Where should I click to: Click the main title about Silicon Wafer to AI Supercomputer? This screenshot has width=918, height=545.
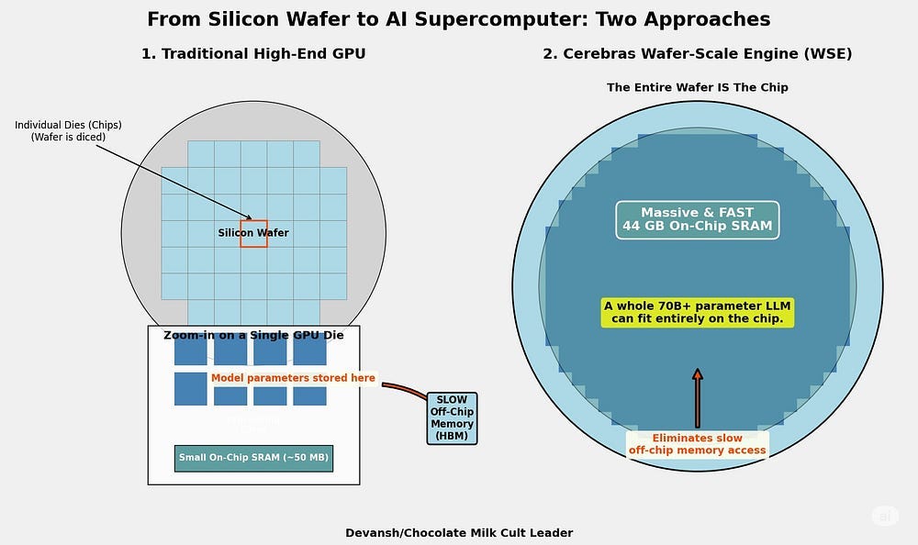point(459,19)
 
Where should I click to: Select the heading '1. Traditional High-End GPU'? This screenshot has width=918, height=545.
point(253,54)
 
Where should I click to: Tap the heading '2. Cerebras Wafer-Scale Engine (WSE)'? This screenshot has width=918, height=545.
point(698,54)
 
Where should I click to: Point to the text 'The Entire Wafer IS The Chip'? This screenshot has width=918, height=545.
point(698,87)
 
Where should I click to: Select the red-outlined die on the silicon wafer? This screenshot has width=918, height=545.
point(254,234)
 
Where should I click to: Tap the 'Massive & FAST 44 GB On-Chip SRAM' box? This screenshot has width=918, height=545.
point(698,220)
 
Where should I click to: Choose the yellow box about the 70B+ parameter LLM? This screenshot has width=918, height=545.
point(698,312)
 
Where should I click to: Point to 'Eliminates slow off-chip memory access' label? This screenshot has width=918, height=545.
point(698,444)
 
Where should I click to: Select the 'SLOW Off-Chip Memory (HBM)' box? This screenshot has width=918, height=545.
point(452,418)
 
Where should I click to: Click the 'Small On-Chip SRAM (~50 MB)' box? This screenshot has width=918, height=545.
point(253,458)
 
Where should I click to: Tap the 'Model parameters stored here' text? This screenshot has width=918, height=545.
point(293,378)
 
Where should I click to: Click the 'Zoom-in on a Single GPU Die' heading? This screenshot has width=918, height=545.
point(253,335)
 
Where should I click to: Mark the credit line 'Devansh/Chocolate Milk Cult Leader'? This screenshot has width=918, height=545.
point(459,532)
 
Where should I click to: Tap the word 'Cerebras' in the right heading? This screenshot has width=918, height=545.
point(599,54)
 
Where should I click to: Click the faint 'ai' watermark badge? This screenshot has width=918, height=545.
point(885,517)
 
